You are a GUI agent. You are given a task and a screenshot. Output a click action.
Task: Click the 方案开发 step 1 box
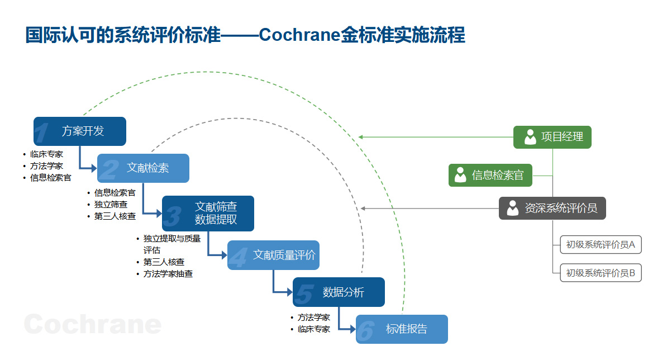click(80, 131)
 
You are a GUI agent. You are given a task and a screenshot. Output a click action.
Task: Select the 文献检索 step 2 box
click(144, 168)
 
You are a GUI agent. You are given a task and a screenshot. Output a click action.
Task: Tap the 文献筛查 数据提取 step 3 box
click(208, 214)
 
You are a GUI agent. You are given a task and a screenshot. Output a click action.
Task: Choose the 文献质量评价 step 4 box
click(274, 255)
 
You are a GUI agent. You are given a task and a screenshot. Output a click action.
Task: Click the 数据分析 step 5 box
click(339, 292)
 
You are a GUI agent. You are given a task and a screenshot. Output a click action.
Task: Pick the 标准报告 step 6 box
click(402, 329)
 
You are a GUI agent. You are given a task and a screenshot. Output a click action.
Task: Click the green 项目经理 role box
click(552, 137)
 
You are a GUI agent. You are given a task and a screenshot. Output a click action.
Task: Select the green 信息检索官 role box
click(490, 176)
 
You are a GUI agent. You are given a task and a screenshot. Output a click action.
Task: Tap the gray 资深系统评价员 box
click(552, 208)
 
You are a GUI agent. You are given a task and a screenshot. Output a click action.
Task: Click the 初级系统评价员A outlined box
click(601, 245)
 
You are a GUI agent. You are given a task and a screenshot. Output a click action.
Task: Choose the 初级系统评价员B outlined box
click(601, 273)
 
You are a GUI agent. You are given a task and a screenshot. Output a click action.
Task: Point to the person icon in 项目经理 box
click(530, 137)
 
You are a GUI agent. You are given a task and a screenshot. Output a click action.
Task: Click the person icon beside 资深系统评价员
click(513, 208)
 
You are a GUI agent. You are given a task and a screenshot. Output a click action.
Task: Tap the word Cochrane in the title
click(299, 35)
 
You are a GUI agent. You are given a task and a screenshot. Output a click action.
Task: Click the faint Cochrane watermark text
click(93, 324)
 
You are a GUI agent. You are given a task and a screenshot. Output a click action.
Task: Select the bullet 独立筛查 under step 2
click(111, 205)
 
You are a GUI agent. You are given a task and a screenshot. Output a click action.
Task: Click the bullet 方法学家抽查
click(168, 273)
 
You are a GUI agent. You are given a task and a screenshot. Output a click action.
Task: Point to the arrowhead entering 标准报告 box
click(353, 329)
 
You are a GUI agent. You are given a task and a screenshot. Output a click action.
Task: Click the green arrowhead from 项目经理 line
click(361, 137)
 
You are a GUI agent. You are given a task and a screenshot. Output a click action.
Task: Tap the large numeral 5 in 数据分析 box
click(305, 294)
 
